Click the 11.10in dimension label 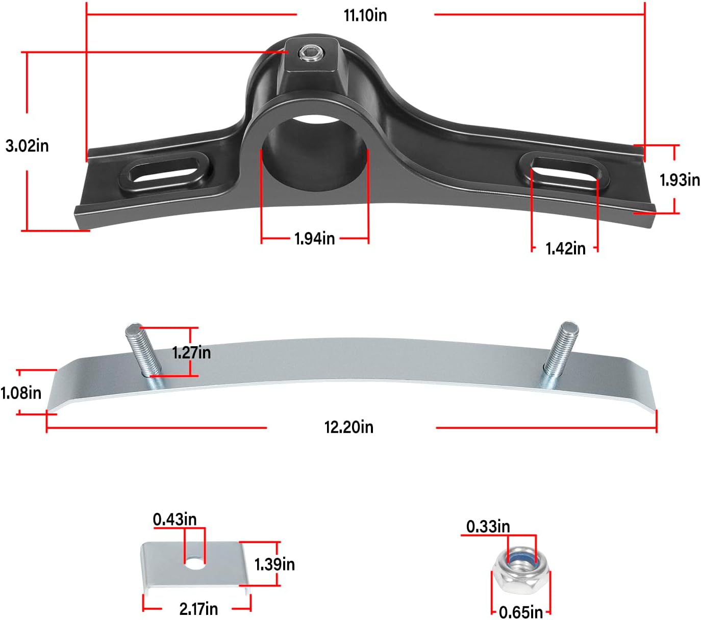point(365,15)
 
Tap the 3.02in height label point(27,146)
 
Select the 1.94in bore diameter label point(314,238)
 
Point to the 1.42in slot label point(565,248)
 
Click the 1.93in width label point(680,180)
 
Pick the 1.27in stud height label point(191,352)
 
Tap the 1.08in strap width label point(21,393)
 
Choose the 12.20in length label point(349,427)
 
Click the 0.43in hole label point(174,519)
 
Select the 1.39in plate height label point(274,564)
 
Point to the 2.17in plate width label point(198,609)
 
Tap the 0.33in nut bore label point(488,526)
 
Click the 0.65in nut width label point(520,612)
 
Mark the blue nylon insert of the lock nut point(522,561)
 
